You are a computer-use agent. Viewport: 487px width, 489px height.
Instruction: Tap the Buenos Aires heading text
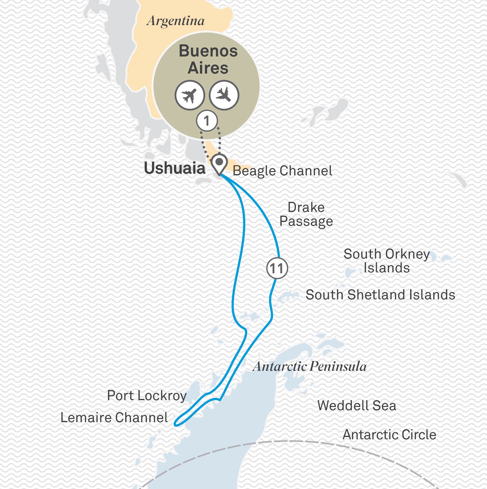pos(208,59)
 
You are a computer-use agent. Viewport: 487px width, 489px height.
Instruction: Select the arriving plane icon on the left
pos(189,95)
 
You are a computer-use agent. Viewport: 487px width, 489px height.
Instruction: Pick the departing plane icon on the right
pos(224,95)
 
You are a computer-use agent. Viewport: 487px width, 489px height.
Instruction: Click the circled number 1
pos(207,121)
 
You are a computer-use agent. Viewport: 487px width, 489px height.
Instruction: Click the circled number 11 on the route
pos(277,268)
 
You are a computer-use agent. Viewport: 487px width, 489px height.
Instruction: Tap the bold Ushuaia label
pos(175,168)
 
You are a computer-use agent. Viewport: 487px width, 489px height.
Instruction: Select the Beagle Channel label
pos(282,171)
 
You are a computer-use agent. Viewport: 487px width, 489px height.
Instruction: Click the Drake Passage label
pos(306,214)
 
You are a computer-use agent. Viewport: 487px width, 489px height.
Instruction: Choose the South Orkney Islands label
pos(387,261)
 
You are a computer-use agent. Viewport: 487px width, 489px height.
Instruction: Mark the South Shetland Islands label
pos(380,295)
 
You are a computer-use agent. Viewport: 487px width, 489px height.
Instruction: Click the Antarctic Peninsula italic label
pos(310,366)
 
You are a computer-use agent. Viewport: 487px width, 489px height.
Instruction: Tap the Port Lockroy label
pos(147,396)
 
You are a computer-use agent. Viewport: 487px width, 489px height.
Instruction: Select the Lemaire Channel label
pos(114,418)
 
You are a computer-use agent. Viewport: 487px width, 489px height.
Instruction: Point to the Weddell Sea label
pos(356,405)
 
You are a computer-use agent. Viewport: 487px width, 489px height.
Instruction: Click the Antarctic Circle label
pos(389,435)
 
